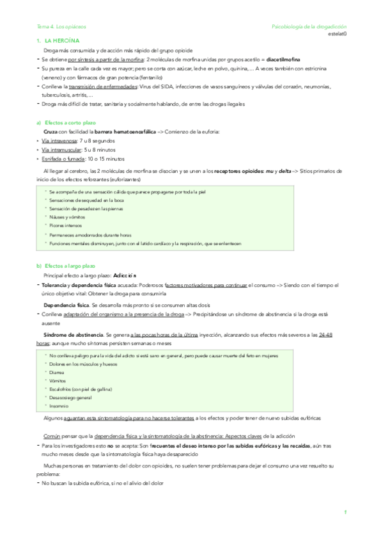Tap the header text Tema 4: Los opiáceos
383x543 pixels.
[61, 26]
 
